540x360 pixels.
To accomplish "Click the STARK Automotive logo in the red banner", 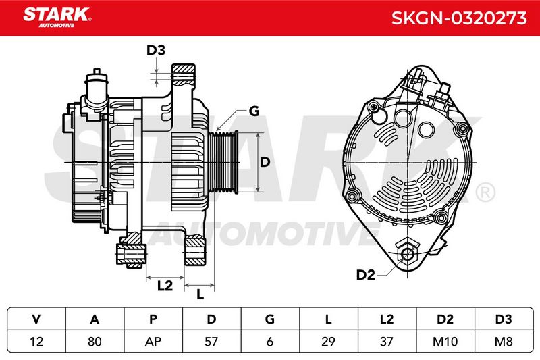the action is click(57, 18).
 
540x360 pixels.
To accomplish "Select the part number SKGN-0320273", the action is click(459, 18).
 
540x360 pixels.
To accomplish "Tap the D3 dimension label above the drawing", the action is click(156, 50).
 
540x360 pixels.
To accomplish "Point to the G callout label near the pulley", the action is click(254, 111).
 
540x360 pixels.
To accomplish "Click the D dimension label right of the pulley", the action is click(265, 162).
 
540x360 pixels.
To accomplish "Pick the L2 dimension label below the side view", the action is click(165, 286).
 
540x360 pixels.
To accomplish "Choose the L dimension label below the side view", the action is click(200, 294).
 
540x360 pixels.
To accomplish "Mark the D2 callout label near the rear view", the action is click(365, 275).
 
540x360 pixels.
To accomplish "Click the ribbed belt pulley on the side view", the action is click(223, 162).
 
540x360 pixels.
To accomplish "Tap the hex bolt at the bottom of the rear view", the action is click(408, 254).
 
